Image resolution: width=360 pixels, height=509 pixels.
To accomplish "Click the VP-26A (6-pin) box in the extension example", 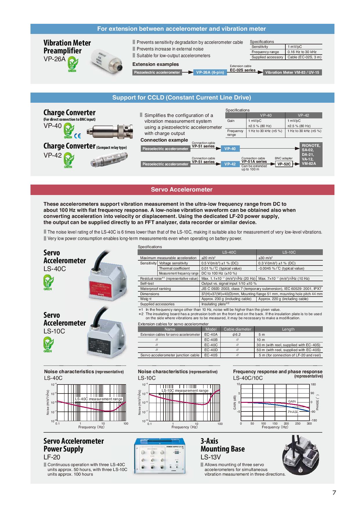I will click(210, 73).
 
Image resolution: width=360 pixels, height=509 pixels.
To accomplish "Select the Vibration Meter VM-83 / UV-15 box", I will click(292, 73).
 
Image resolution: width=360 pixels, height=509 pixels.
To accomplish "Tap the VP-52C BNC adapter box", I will click(284, 164).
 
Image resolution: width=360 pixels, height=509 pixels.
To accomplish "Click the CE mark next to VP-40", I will click(78, 136).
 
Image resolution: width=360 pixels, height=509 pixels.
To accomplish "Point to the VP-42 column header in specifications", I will click(303, 115).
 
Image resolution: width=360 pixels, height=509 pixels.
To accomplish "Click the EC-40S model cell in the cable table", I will click(211, 355).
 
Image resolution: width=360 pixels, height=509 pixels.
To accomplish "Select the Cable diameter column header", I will click(237, 329).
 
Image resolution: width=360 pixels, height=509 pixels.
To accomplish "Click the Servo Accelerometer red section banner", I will click(182, 189).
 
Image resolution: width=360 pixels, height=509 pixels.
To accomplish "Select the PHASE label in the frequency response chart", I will click(293, 412).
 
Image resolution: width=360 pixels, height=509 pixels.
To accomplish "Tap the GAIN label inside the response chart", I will click(292, 401).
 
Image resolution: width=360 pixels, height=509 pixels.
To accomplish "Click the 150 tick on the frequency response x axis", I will click(275, 423).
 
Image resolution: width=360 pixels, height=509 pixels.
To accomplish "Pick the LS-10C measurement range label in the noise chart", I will click(185, 391).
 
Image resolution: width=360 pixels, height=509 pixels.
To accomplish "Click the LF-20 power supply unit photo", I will click(159, 455).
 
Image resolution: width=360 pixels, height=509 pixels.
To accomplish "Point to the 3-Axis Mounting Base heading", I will click(222, 445).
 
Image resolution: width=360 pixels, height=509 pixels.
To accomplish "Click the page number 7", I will click(334, 493).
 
